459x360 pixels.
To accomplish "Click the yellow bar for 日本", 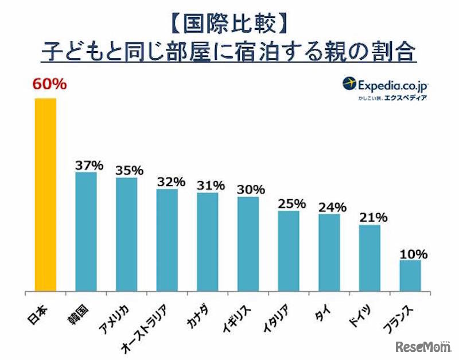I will [45, 195].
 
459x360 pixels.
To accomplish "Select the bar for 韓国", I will [86, 232].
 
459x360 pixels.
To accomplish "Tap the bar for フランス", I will [410, 276].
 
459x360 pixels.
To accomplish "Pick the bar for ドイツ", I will [369, 258].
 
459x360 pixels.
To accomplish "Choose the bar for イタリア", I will [289, 251].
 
